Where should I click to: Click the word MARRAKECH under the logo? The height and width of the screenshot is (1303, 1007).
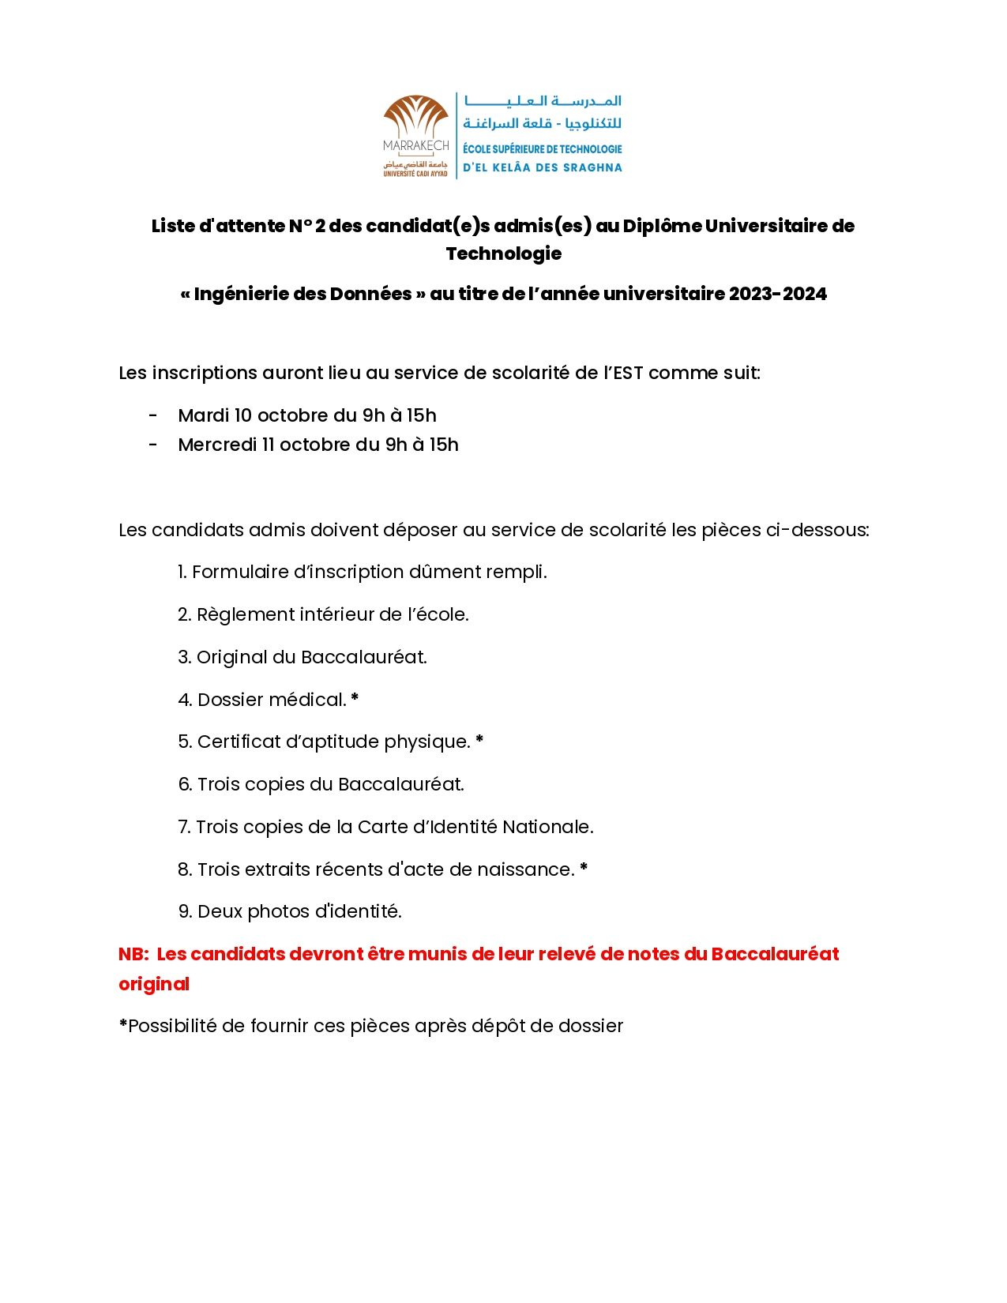(415, 146)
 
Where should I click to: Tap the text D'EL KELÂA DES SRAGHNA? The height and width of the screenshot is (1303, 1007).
(542, 167)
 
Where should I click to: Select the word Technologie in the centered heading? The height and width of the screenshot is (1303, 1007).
(504, 253)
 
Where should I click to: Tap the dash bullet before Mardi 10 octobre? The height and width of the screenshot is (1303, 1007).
(153, 415)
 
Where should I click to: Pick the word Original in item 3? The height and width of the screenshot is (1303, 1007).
(232, 657)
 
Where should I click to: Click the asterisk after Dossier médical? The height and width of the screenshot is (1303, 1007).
(355, 698)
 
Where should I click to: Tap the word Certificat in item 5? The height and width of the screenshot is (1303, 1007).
(238, 742)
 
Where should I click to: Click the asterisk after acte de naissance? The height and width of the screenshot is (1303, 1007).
(584, 868)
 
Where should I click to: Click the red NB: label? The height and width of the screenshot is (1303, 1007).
(133, 954)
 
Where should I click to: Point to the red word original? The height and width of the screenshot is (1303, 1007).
(154, 984)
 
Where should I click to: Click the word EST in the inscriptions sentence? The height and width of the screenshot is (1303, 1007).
(628, 373)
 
